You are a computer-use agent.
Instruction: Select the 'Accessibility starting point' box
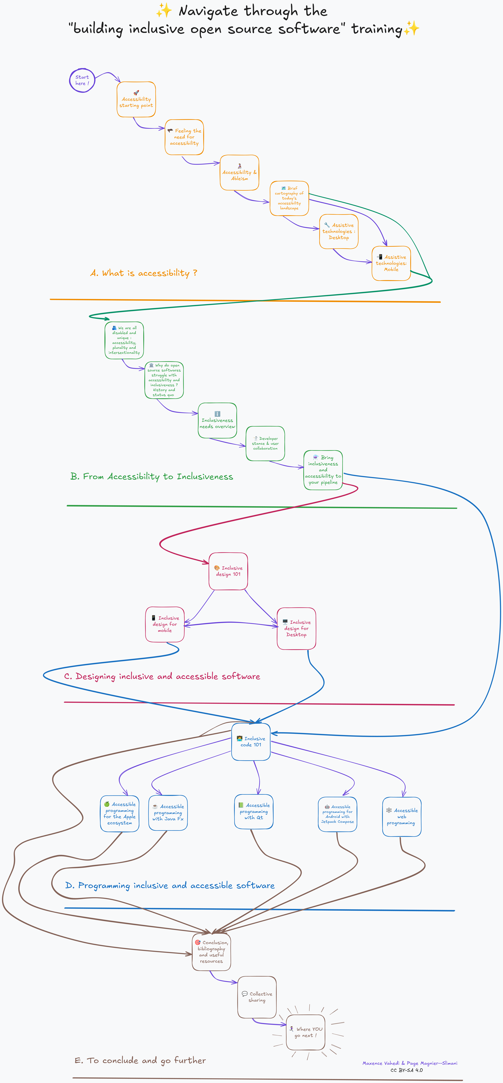coord(136,100)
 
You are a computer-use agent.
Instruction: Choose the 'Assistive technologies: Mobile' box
coord(391,263)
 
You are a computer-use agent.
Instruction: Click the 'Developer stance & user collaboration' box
coord(265,444)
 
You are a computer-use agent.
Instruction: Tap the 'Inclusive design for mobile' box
coord(165,624)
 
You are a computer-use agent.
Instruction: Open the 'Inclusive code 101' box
coord(251,742)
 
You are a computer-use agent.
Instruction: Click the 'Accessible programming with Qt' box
coord(254,811)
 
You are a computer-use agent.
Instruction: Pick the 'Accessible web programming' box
coord(402,817)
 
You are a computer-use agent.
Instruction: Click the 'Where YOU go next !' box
coord(306,1032)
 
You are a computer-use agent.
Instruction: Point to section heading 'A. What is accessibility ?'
coord(144,273)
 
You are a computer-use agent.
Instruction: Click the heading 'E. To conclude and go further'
coord(140,1061)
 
